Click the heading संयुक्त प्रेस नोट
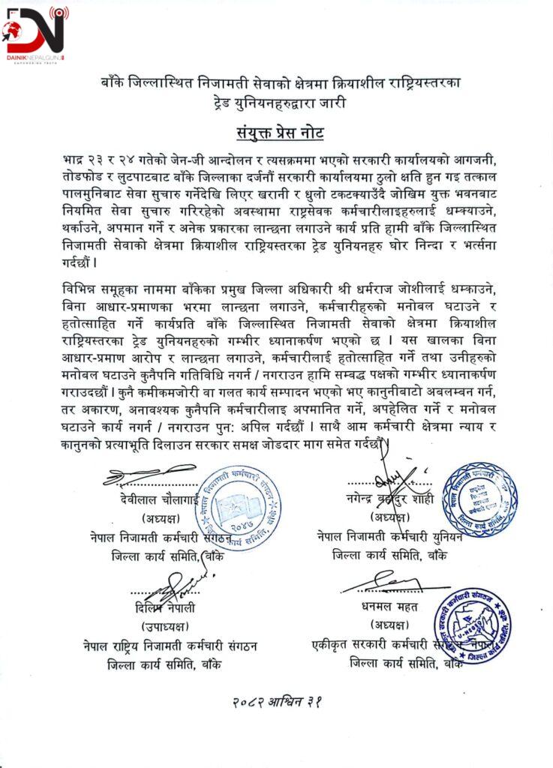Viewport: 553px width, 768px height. (276, 133)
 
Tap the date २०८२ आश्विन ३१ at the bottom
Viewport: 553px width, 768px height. (276, 701)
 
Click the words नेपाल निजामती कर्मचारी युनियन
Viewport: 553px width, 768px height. (398, 536)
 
